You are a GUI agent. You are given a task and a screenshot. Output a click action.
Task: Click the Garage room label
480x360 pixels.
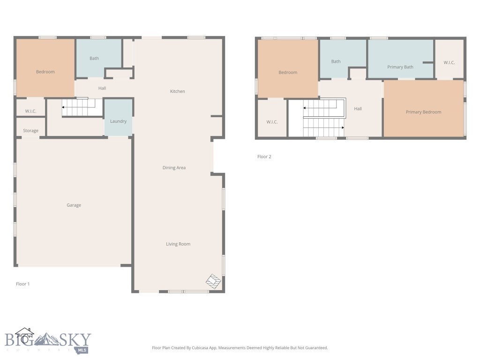pyautogui.click(x=74, y=205)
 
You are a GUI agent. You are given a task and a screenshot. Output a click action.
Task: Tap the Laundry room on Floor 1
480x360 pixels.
pyautogui.click(x=119, y=117)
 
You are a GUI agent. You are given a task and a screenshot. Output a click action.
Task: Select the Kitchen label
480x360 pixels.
pyautogui.click(x=178, y=91)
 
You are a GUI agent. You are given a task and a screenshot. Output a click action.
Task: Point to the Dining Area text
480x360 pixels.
pyautogui.click(x=174, y=167)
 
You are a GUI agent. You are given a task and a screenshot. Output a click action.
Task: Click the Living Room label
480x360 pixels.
pyautogui.click(x=178, y=244)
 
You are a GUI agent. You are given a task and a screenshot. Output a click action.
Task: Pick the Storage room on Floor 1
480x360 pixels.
pyautogui.click(x=30, y=127)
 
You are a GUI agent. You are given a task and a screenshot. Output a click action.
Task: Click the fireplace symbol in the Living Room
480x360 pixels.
pyautogui.click(x=213, y=281)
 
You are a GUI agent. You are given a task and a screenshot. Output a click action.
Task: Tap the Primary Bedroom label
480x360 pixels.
pyautogui.click(x=424, y=112)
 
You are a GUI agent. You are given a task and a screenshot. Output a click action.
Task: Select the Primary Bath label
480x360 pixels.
pyautogui.click(x=400, y=67)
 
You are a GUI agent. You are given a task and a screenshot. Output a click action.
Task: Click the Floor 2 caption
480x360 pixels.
pyautogui.click(x=264, y=157)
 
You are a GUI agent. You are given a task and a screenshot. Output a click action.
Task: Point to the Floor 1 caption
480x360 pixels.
pyautogui.click(x=22, y=284)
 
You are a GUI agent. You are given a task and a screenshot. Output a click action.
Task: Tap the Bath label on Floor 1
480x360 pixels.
pyautogui.click(x=94, y=58)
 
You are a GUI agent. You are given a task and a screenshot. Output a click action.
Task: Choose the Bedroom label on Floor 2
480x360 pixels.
pyautogui.click(x=288, y=73)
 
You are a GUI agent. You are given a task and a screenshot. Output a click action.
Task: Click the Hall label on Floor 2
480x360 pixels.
pyautogui.click(x=358, y=109)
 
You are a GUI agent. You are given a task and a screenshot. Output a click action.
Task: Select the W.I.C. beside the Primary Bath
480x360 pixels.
pyautogui.click(x=449, y=62)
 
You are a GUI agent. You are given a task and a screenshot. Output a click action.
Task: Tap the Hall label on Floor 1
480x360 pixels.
pyautogui.click(x=102, y=88)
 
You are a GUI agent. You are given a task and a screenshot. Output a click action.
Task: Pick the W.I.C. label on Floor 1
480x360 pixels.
pyautogui.click(x=30, y=111)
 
